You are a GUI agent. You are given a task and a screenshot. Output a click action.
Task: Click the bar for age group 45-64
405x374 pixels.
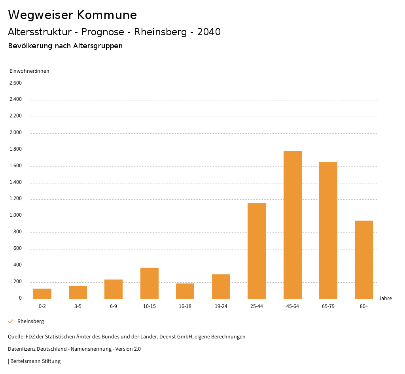click(x=292, y=225)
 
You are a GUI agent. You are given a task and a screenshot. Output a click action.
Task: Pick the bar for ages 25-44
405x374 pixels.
click(x=257, y=251)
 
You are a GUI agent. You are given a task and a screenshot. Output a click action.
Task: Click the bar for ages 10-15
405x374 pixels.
click(x=150, y=283)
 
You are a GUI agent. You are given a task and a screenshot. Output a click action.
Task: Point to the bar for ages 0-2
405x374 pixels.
click(x=42, y=294)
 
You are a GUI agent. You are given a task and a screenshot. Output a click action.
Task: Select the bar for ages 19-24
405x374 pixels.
click(x=221, y=287)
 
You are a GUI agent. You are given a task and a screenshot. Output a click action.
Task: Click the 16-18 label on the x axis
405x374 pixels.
click(x=185, y=306)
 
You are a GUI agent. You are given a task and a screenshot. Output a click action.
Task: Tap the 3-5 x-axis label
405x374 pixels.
click(x=78, y=306)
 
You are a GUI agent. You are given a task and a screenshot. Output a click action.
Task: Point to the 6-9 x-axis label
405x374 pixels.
click(x=114, y=306)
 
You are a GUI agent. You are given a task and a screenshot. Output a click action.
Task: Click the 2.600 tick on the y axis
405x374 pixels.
click(x=15, y=83)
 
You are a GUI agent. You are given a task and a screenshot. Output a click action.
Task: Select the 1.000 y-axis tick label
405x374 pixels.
click(x=15, y=215)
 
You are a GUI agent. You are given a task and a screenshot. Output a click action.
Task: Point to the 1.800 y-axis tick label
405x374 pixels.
click(x=15, y=149)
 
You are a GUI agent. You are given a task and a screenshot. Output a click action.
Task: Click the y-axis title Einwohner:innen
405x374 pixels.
click(x=29, y=71)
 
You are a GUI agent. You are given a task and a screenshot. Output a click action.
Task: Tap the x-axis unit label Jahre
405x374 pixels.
click(x=385, y=298)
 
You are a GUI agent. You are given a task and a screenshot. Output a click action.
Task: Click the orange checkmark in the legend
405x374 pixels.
click(x=11, y=321)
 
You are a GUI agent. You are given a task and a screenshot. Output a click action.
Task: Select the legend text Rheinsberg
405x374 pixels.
click(x=30, y=321)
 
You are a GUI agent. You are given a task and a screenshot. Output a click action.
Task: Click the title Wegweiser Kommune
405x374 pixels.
click(x=72, y=15)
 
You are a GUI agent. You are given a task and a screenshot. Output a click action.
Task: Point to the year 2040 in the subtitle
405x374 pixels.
click(x=209, y=32)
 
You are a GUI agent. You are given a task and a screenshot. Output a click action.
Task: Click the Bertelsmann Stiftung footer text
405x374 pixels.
click(x=35, y=361)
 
